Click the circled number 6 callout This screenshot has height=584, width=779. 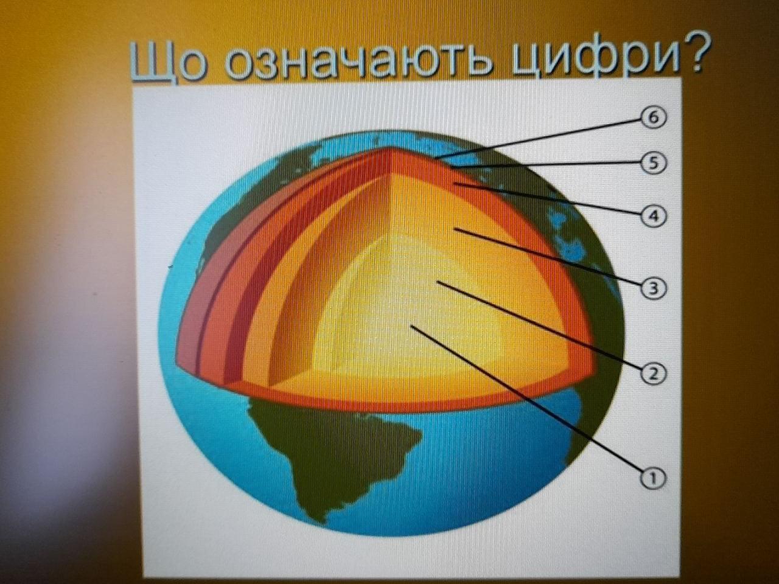pos(654,118)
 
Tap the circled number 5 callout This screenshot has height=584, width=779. pos(654,163)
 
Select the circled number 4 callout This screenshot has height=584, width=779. pos(654,215)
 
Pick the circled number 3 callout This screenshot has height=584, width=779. pos(654,288)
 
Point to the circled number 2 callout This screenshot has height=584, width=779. pos(654,374)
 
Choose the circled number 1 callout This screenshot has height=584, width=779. pos(654,478)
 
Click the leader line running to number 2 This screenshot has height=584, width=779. pos(539,325)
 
